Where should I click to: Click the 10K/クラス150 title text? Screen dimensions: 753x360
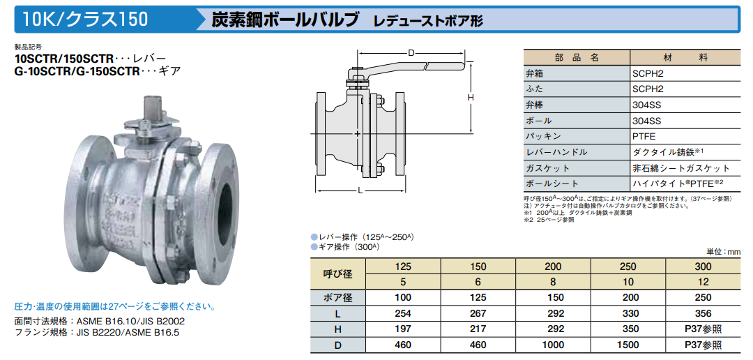86,19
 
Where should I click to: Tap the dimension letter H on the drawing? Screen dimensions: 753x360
471,97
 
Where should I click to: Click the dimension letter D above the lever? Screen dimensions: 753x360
411,53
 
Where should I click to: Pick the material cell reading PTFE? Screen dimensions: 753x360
644,136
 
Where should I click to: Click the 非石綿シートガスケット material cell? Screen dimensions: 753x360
681,168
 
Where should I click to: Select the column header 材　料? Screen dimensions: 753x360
685,58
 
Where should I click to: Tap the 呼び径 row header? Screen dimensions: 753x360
338,274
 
